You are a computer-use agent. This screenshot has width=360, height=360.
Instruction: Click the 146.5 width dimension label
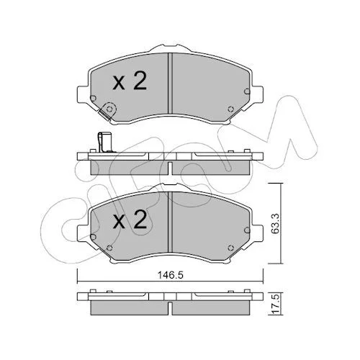click(x=170, y=275)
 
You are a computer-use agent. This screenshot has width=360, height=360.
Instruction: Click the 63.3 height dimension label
click(x=276, y=224)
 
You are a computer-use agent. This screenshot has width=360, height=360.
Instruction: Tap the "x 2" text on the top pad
click(x=130, y=81)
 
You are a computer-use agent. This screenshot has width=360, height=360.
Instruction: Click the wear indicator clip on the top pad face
click(x=107, y=111)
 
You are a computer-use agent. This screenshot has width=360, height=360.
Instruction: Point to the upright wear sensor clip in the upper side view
click(x=104, y=143)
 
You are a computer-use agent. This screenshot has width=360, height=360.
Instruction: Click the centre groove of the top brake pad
click(x=170, y=84)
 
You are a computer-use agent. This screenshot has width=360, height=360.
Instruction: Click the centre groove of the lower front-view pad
click(x=170, y=222)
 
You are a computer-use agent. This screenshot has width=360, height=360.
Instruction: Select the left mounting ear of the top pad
click(x=83, y=94)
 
